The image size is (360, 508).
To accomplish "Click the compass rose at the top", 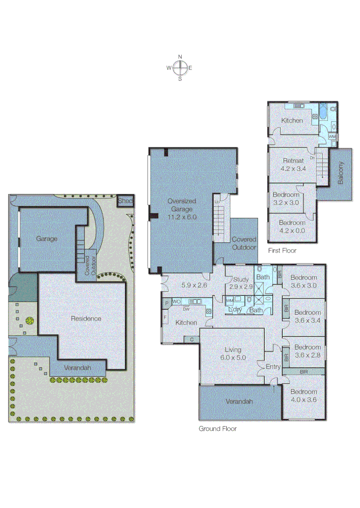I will [180, 68].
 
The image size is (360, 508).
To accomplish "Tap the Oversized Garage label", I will [182, 209].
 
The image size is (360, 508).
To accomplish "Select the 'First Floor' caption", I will [282, 251].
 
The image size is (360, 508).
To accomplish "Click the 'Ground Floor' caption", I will [217, 429].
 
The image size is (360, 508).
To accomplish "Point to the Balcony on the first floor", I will [341, 173].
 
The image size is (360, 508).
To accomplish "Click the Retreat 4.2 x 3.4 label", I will [293, 164].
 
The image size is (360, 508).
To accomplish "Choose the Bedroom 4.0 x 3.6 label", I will [304, 396].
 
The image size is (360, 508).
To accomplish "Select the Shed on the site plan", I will [126, 201].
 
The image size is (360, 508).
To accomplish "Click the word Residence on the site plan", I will [86, 318].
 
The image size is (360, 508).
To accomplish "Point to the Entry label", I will [273, 367].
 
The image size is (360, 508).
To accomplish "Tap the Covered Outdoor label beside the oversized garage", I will [244, 243].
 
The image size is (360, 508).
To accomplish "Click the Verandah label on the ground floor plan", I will [239, 401].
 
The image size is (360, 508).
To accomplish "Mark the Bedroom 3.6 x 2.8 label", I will [307, 351].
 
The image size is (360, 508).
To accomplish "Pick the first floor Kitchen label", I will [292, 120].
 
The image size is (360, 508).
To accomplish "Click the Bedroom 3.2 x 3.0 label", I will [286, 198].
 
